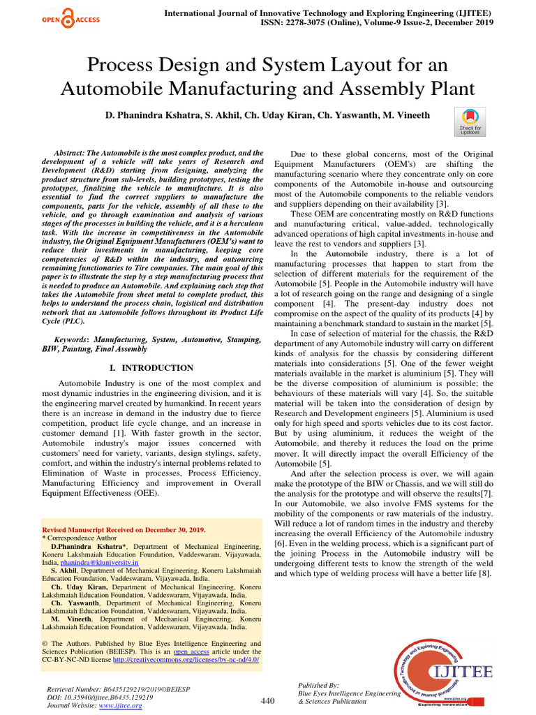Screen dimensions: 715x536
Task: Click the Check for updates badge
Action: click(x=469, y=121)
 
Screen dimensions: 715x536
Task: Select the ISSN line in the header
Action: click(x=328, y=22)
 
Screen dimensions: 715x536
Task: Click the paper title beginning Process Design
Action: click(x=268, y=77)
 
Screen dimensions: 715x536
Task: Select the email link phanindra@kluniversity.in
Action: click(x=99, y=561)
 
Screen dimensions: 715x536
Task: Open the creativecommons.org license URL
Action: click(x=186, y=658)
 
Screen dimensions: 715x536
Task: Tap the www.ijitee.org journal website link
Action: click(x=121, y=706)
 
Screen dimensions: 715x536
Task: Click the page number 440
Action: click(x=268, y=700)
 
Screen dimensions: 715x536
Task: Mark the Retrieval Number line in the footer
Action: click(x=117, y=689)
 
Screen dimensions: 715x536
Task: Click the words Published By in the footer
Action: click(x=318, y=685)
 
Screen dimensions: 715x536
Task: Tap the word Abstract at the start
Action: click(x=70, y=152)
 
